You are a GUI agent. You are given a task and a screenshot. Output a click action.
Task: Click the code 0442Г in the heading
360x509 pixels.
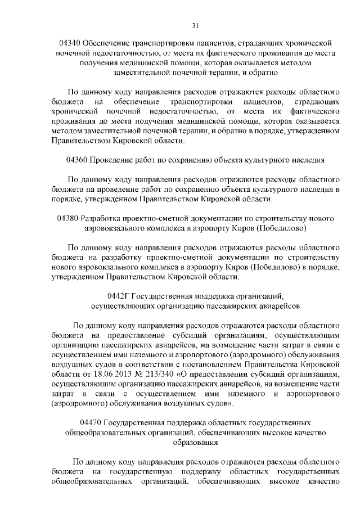[x=119, y=296]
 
